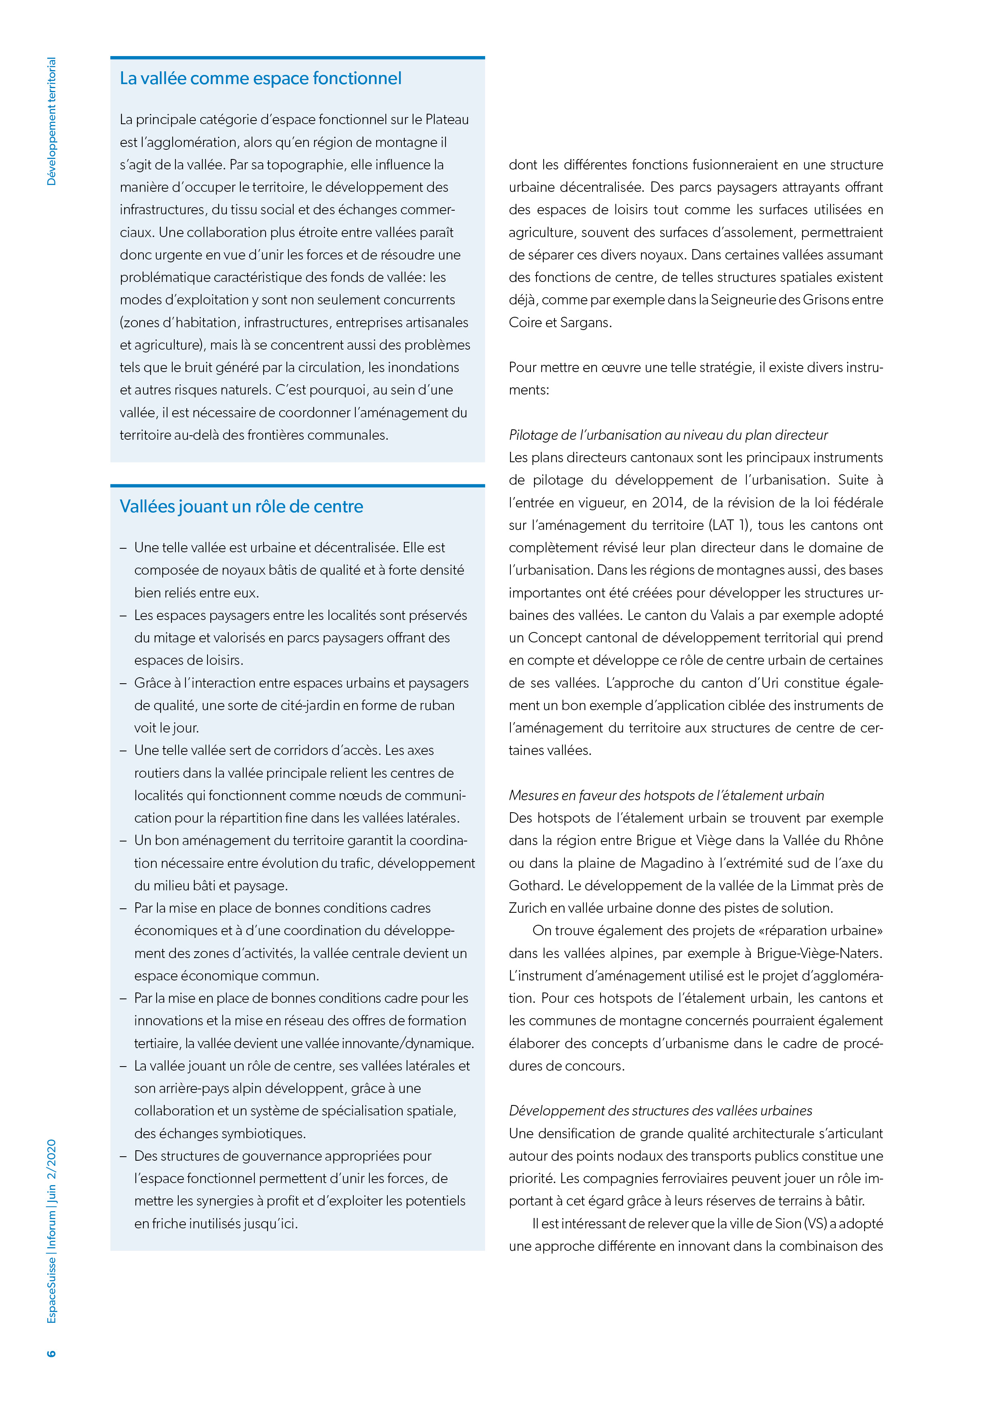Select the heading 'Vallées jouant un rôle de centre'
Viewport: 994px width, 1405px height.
tap(241, 507)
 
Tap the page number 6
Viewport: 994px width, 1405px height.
tap(51, 1353)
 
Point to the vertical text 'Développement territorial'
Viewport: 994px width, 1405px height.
tap(51, 121)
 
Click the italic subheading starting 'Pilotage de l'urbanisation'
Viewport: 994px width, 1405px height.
tap(668, 435)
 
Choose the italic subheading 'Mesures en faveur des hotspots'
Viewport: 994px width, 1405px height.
tap(666, 795)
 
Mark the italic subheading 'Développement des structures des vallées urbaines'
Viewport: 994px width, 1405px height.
tap(660, 1111)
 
